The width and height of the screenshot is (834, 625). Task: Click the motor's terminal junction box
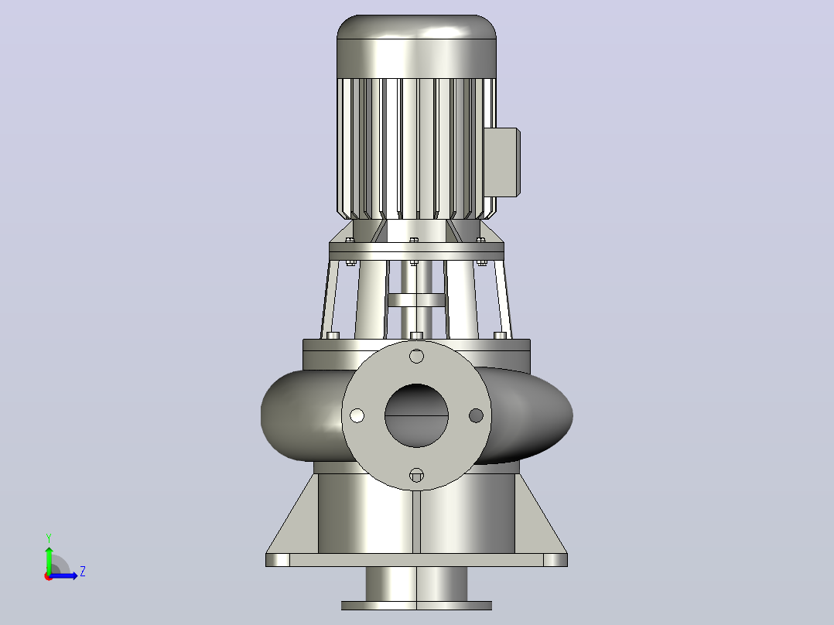pos(501,162)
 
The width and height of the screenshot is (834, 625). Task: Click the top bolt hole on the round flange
pos(416,356)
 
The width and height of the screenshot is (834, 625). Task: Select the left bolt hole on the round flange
pos(357,415)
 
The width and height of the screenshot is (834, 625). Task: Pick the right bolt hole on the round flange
pos(476,415)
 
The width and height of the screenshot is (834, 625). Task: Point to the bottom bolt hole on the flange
pos(416,475)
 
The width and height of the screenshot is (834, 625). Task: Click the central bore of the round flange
pos(416,415)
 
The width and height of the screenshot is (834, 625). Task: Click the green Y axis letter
pos(49,538)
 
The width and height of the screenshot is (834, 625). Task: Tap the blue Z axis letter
pos(83,572)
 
